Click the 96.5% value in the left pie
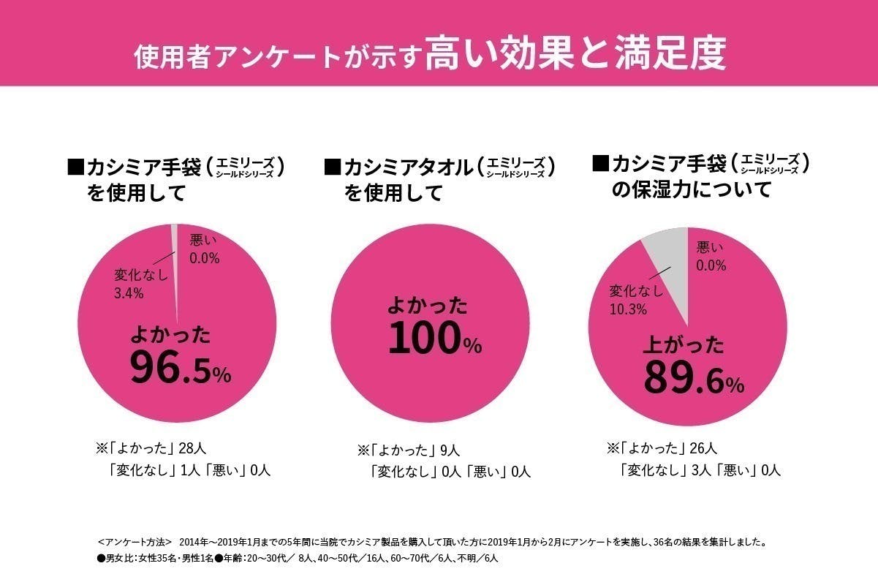(x=180, y=368)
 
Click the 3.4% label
(x=129, y=293)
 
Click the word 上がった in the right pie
(x=683, y=344)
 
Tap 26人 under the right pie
(x=705, y=448)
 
